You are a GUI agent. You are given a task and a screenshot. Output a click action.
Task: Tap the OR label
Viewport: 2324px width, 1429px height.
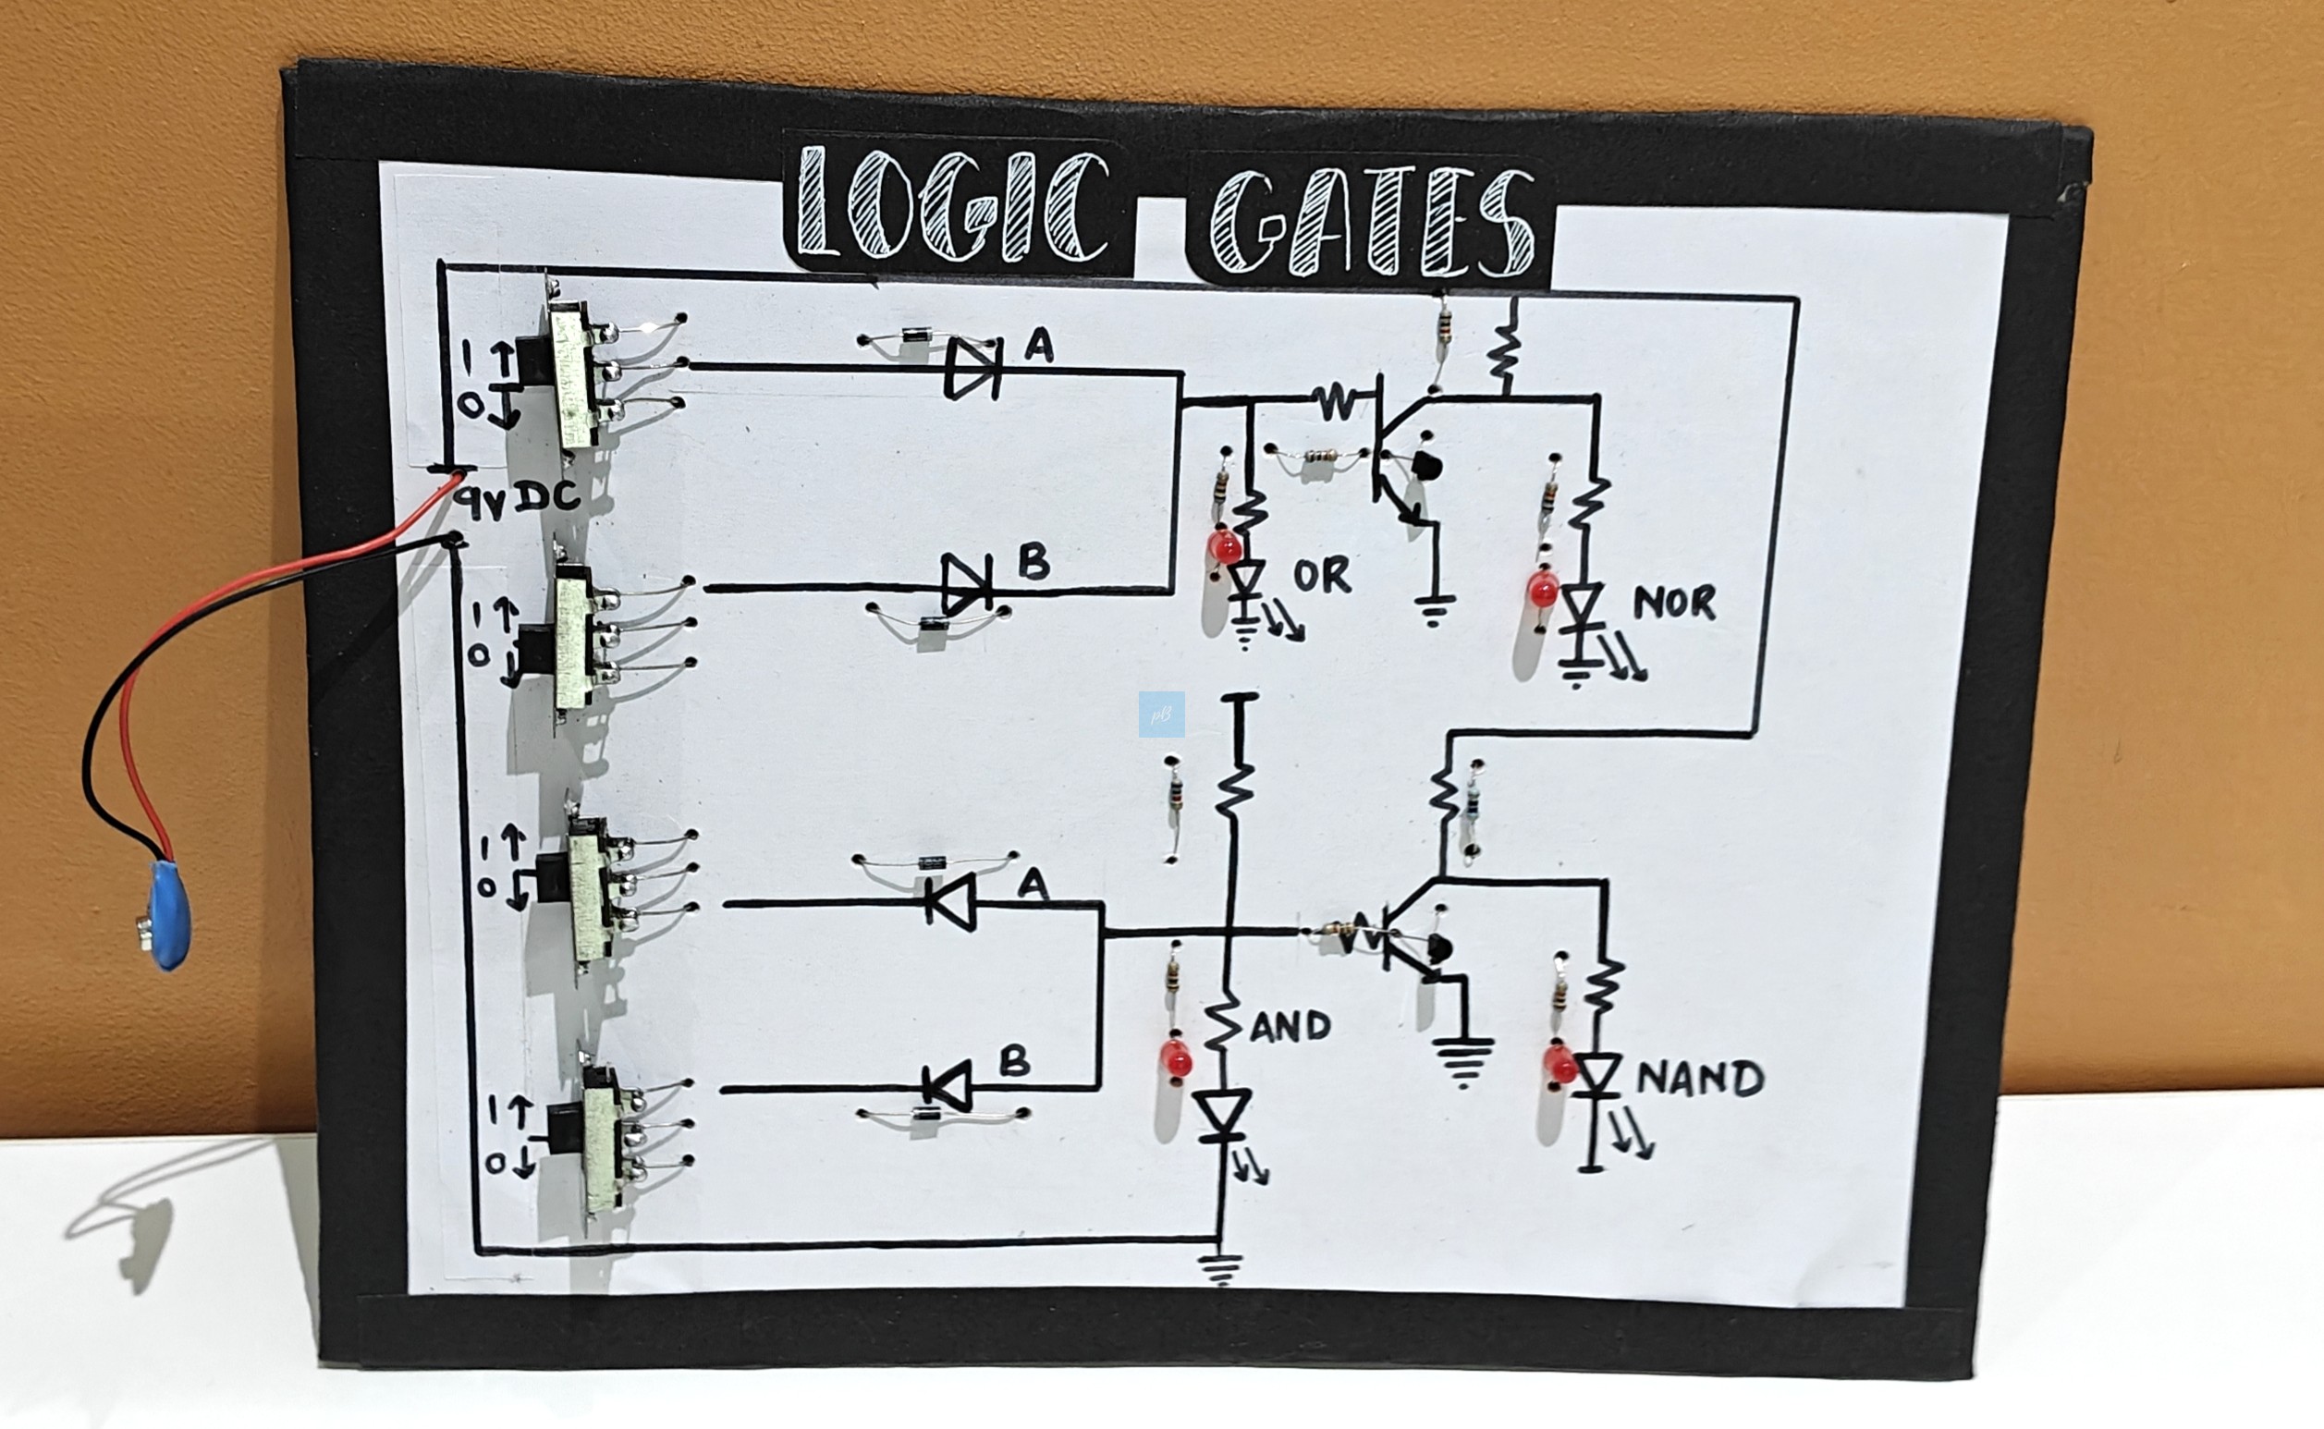(1322, 575)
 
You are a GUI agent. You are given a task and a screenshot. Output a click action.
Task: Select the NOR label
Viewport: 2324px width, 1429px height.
(1674, 603)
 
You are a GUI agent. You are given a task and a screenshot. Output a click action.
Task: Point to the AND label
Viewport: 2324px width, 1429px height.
(1290, 1026)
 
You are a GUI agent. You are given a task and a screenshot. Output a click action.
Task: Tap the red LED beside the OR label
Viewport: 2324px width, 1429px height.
(1225, 547)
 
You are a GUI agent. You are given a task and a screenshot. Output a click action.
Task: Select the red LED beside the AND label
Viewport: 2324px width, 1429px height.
(1177, 1060)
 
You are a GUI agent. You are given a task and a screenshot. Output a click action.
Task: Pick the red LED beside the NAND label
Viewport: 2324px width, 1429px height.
(1560, 1065)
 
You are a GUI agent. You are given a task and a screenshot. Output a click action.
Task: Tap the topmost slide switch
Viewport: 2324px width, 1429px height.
(573, 375)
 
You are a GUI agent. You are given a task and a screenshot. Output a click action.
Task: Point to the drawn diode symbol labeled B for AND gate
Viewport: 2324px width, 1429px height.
(948, 1087)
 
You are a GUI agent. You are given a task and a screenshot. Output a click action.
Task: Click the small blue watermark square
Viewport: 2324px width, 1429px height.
(1161, 714)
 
